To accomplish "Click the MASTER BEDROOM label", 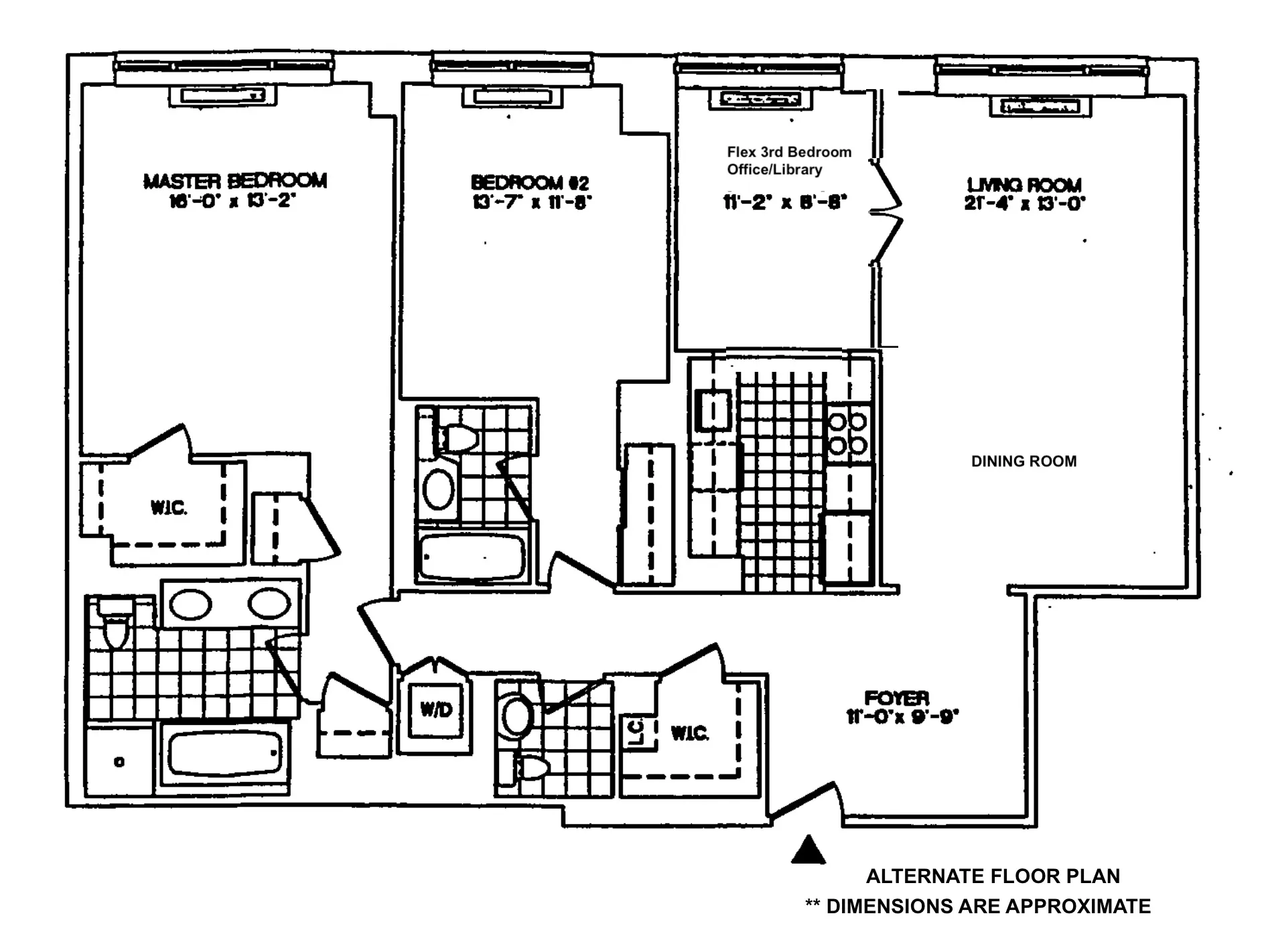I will (x=235, y=181).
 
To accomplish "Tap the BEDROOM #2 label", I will (x=530, y=183).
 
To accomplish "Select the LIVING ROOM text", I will (x=1024, y=185).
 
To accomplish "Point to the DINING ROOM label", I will (x=1024, y=461).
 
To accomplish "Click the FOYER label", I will (x=896, y=698).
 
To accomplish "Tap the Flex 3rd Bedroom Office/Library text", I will (x=788, y=161).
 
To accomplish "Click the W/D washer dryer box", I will (x=436, y=710).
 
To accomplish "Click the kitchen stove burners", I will (x=848, y=433).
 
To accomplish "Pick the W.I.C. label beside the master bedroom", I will (x=168, y=508).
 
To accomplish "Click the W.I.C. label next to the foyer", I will (x=689, y=733).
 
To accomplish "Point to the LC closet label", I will (x=636, y=731).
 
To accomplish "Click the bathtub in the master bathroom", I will (x=224, y=754).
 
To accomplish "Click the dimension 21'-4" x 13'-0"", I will (x=1024, y=204).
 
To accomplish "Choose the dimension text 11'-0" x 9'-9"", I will (x=902, y=717).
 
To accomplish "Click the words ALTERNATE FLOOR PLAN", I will (x=992, y=876).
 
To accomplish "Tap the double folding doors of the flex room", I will (x=888, y=213).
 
